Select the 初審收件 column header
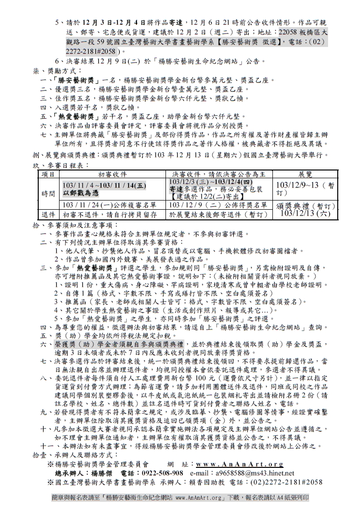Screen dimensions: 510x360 pyautogui.click(x=113, y=174)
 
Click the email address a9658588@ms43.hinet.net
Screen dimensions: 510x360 pyautogui.click(x=255, y=473)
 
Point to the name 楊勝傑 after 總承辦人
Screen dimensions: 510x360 pyautogui.click(x=102, y=473)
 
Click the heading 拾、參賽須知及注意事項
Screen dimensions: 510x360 pyautogui.click(x=73, y=225)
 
